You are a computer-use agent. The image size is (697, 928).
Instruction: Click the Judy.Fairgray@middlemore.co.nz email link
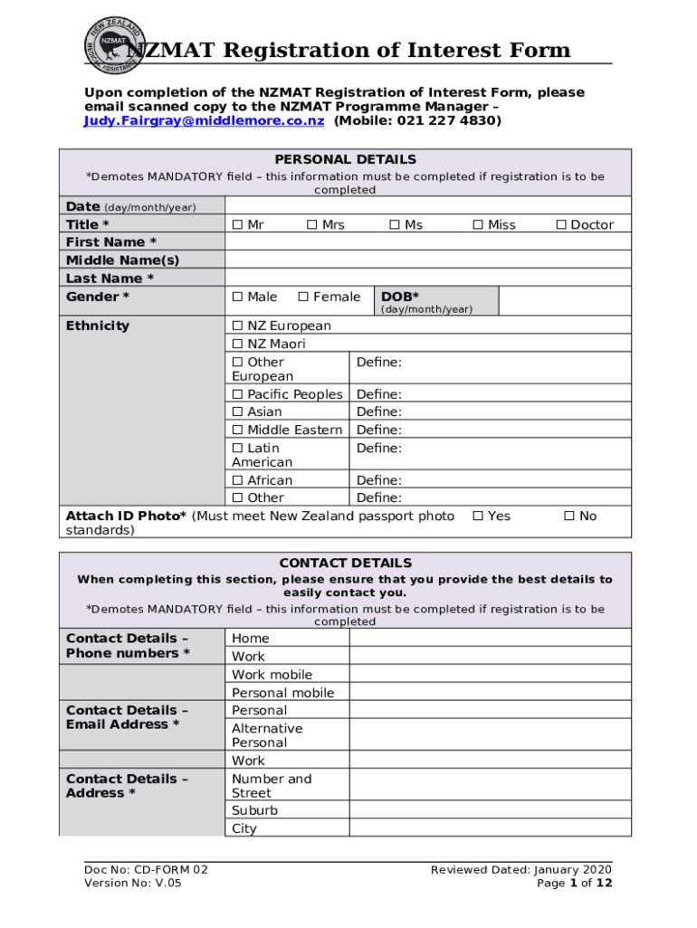pos(204,121)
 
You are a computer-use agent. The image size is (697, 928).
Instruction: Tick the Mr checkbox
pos(237,225)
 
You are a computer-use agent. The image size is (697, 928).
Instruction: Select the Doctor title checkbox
pos(561,225)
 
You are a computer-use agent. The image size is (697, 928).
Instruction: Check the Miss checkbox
pos(479,225)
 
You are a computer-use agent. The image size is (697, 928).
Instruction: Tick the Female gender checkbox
pos(304,297)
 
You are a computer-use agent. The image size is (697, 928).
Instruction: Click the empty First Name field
pos(427,243)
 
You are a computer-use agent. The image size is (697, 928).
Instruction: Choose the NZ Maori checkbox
pos(237,344)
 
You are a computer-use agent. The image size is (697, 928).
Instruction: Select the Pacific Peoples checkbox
pos(237,394)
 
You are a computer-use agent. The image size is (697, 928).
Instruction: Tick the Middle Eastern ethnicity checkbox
pos(237,430)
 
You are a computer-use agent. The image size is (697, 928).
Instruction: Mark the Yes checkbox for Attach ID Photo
pos(479,517)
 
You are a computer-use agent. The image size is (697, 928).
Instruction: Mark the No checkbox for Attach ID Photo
pos(569,517)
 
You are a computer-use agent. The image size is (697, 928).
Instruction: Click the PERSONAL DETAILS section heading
pos(346,159)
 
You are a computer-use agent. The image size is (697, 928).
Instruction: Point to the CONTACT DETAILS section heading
pos(346,563)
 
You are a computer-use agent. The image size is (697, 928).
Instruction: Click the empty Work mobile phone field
pos(490,675)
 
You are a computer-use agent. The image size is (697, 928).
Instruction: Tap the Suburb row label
pos(255,811)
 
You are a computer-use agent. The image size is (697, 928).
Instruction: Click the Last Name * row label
pos(110,279)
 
